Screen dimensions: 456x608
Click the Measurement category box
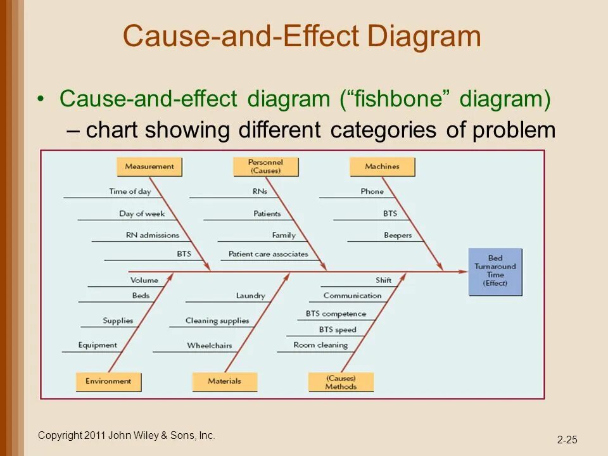click(x=149, y=167)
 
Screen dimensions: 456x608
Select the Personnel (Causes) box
click(x=265, y=167)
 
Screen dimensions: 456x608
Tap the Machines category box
click(x=382, y=167)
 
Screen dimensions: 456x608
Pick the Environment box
click(x=108, y=381)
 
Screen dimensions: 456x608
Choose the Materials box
click(x=225, y=381)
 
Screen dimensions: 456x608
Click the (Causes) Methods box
click(x=341, y=382)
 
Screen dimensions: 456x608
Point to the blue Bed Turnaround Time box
click(x=495, y=271)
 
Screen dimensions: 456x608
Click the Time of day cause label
click(x=130, y=191)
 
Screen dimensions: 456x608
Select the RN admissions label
click(x=152, y=235)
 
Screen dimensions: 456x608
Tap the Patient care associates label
click(x=269, y=254)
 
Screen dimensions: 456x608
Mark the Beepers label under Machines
click(x=398, y=235)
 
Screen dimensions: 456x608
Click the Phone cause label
click(x=372, y=191)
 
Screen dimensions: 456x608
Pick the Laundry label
click(x=251, y=296)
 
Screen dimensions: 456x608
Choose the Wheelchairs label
click(x=209, y=346)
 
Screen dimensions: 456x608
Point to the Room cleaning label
click(x=320, y=345)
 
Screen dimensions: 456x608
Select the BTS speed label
click(x=338, y=329)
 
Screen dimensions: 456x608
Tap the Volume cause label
click(x=144, y=280)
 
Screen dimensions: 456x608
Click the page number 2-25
click(x=567, y=440)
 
